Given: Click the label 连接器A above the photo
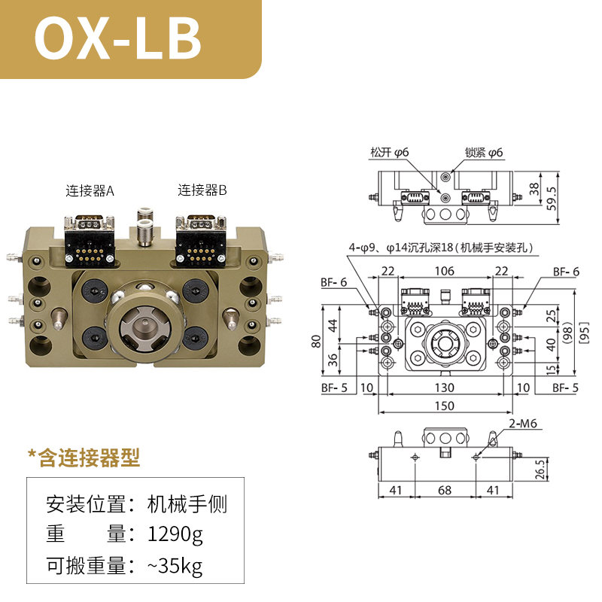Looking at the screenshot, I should [x=90, y=190].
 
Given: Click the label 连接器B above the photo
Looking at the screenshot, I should [x=202, y=190].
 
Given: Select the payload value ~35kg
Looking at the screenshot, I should [x=175, y=565].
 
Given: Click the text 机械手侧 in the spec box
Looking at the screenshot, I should [x=186, y=503].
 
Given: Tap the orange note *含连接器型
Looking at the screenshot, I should [x=84, y=457].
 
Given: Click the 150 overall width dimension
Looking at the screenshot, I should [x=444, y=406].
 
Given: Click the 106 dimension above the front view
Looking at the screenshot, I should [x=444, y=271].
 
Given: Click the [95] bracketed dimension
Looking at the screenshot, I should [x=584, y=332].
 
